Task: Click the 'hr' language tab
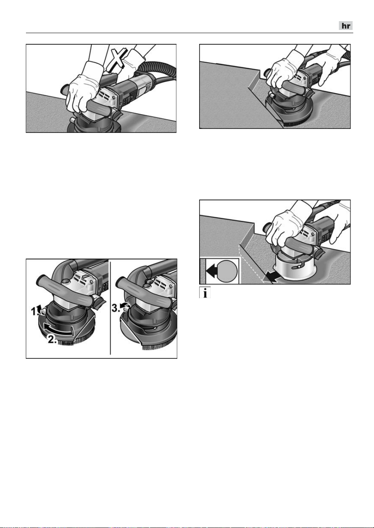click(x=346, y=26)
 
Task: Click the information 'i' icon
click(x=205, y=293)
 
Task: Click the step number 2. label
click(x=52, y=339)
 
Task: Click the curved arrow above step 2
click(x=59, y=328)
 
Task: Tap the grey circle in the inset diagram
click(x=227, y=271)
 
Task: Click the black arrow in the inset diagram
click(x=212, y=271)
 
